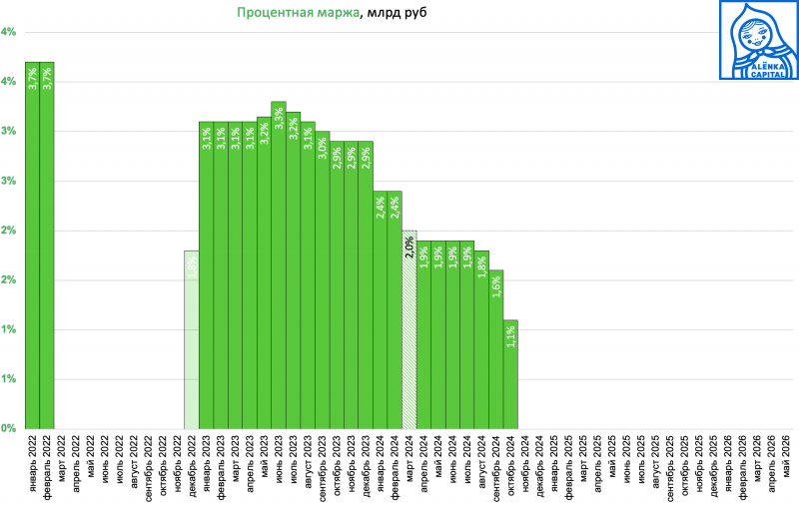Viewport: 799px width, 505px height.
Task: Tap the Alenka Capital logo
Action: [758, 40]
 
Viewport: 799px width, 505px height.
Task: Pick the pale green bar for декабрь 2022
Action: [192, 339]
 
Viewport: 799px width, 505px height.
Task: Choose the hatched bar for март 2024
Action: [409, 329]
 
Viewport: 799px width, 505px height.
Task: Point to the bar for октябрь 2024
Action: [510, 374]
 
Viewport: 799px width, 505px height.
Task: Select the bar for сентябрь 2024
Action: [496, 349]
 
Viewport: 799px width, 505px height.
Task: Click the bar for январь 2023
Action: [206, 274]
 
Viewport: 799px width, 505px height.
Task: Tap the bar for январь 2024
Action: [381, 309]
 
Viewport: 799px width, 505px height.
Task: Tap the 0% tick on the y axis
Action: [8, 428]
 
